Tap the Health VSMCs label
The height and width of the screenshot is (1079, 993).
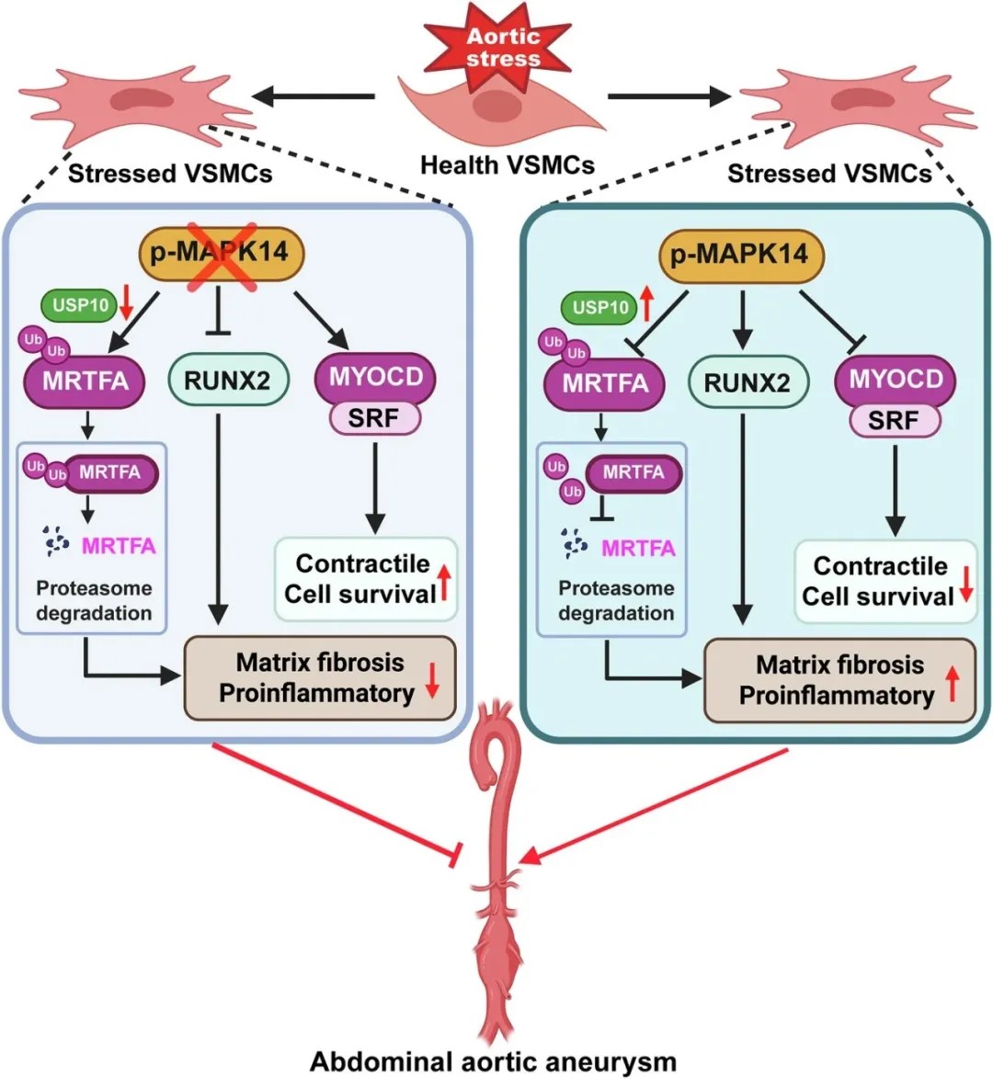(x=508, y=165)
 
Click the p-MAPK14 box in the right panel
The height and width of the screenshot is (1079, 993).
(x=739, y=254)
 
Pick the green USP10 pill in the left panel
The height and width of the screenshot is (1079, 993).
(x=80, y=304)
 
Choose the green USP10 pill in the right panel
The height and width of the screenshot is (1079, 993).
(x=599, y=307)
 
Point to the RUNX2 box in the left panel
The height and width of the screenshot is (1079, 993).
(x=227, y=379)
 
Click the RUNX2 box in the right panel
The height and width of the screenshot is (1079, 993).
(x=748, y=382)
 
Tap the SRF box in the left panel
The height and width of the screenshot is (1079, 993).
(x=374, y=418)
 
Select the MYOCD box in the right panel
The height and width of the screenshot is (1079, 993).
(x=896, y=379)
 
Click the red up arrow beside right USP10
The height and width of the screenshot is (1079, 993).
(x=647, y=304)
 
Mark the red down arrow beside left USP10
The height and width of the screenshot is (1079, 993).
(x=127, y=301)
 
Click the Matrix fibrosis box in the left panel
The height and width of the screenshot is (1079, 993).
(x=321, y=677)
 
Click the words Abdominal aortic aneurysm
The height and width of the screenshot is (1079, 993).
(x=494, y=1062)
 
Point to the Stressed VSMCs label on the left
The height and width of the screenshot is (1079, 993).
(x=170, y=173)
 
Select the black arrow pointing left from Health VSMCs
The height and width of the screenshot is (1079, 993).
(x=314, y=96)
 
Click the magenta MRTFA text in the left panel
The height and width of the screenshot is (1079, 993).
(x=119, y=546)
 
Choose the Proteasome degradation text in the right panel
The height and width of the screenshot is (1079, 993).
(x=616, y=600)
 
